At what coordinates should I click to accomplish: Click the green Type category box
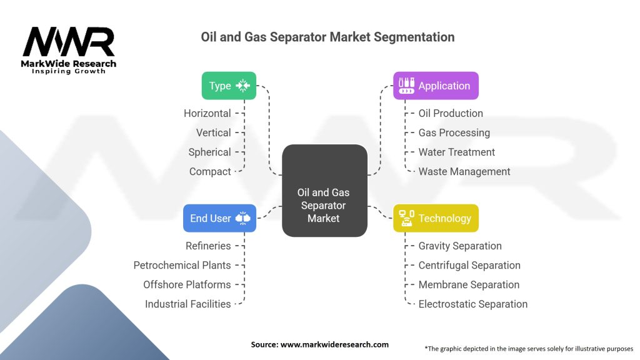point(229,86)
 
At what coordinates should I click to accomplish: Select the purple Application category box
point(436,86)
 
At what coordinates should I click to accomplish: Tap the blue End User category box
point(219,218)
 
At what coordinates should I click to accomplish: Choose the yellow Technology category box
point(436,218)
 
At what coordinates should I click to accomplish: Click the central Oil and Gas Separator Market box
point(324,191)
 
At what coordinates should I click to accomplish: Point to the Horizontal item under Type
point(207,113)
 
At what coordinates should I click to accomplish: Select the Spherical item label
point(209,152)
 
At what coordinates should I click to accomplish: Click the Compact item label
point(210,171)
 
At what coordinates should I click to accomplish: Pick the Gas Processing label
point(454,132)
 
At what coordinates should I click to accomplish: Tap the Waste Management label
point(464,171)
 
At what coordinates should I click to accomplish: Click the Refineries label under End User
point(208,246)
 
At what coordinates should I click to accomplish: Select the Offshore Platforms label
point(187,284)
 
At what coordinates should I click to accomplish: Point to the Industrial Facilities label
point(187,304)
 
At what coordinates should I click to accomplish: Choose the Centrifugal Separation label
point(469,265)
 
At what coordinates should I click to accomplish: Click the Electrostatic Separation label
point(472,304)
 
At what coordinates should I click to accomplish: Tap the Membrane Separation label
point(469,284)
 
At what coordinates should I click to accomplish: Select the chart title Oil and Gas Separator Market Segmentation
point(327,37)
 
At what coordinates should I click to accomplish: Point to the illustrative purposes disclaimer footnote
point(529,348)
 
